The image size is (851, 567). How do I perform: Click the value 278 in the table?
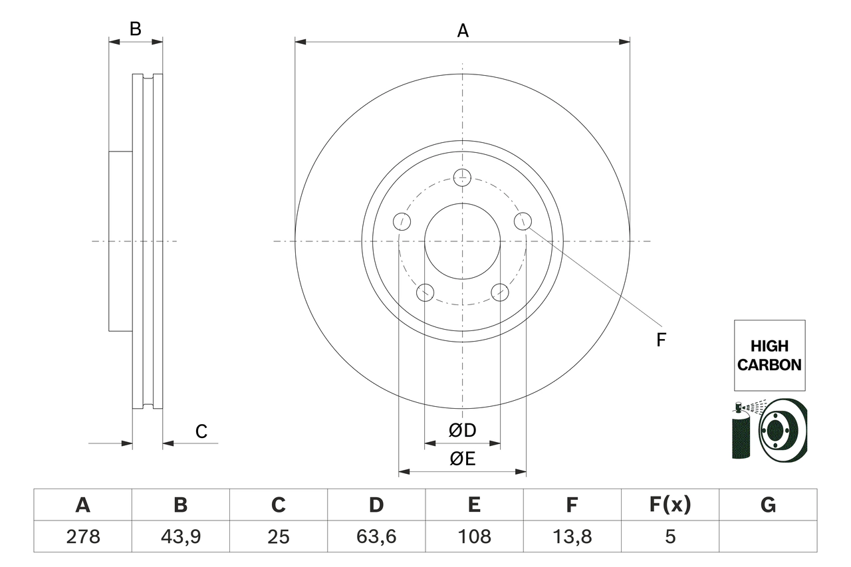(x=82, y=536)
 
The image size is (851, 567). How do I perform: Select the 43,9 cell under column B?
(x=180, y=536)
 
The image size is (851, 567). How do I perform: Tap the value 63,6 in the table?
(x=376, y=536)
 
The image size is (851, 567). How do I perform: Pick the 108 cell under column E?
(x=473, y=536)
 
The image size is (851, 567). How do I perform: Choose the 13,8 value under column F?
(x=571, y=536)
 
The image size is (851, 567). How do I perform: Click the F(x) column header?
(x=669, y=505)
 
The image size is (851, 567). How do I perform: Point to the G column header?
(x=768, y=505)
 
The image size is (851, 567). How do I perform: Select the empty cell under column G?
(x=768, y=536)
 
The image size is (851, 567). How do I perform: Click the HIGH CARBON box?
(x=769, y=356)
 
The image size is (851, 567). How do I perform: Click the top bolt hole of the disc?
(x=462, y=177)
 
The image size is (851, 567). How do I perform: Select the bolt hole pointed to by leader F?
(x=523, y=221)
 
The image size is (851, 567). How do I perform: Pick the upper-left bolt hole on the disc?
(x=402, y=221)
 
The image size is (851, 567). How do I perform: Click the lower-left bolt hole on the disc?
(x=425, y=292)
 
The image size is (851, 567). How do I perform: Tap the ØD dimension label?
(x=462, y=431)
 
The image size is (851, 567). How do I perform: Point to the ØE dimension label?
(x=462, y=459)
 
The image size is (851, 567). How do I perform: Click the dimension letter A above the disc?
(x=462, y=31)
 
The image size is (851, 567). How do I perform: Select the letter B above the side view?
(x=135, y=29)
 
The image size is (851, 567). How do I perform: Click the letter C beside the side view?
(x=201, y=431)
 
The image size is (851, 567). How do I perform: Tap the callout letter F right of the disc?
(x=661, y=340)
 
